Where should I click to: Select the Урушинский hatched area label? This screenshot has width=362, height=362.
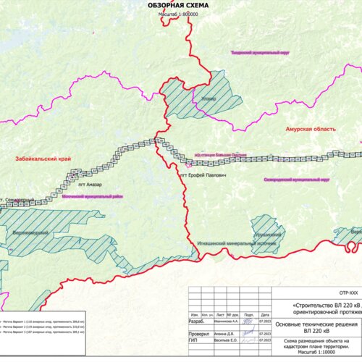[267, 236]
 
